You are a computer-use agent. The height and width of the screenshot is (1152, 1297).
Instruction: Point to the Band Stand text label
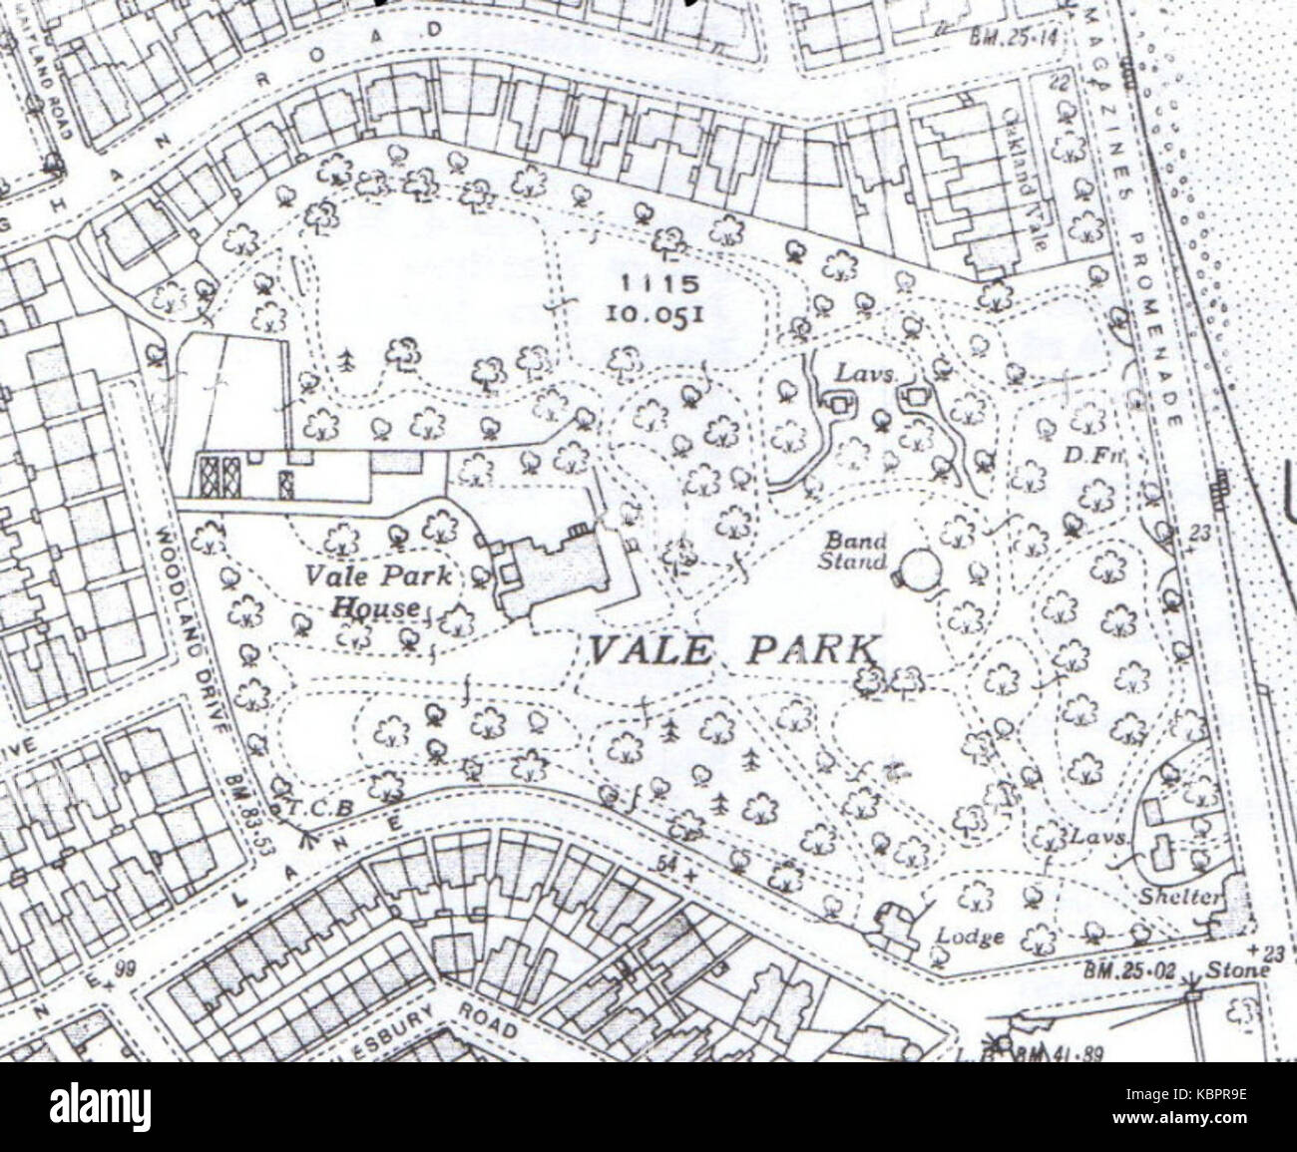pyautogui.click(x=853, y=551)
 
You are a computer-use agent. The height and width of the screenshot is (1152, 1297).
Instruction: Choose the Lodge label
pyautogui.click(x=970, y=937)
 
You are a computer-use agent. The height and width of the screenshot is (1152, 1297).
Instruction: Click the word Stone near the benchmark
pyautogui.click(x=1237, y=969)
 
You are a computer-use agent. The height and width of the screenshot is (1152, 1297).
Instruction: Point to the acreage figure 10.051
pyautogui.click(x=657, y=313)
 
